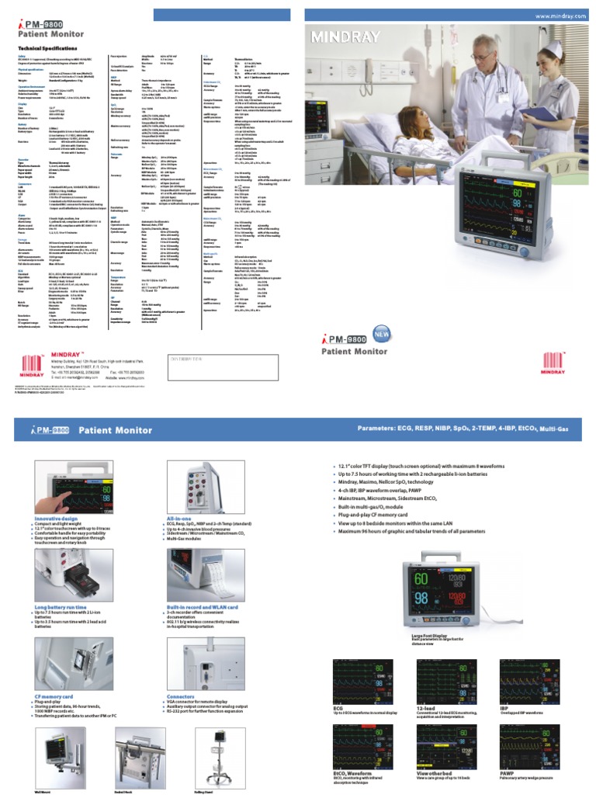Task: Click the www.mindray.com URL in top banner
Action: tap(560, 16)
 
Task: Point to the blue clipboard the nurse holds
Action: tap(536, 116)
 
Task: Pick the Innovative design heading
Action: tap(57, 517)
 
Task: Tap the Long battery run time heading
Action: tap(61, 607)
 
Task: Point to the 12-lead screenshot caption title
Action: tap(427, 709)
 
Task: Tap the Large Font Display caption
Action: tap(430, 636)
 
